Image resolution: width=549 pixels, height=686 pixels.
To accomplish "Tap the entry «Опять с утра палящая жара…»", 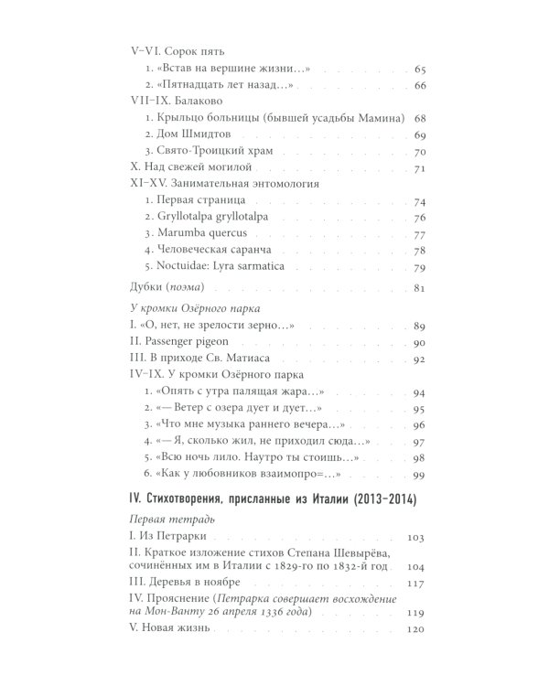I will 230,391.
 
